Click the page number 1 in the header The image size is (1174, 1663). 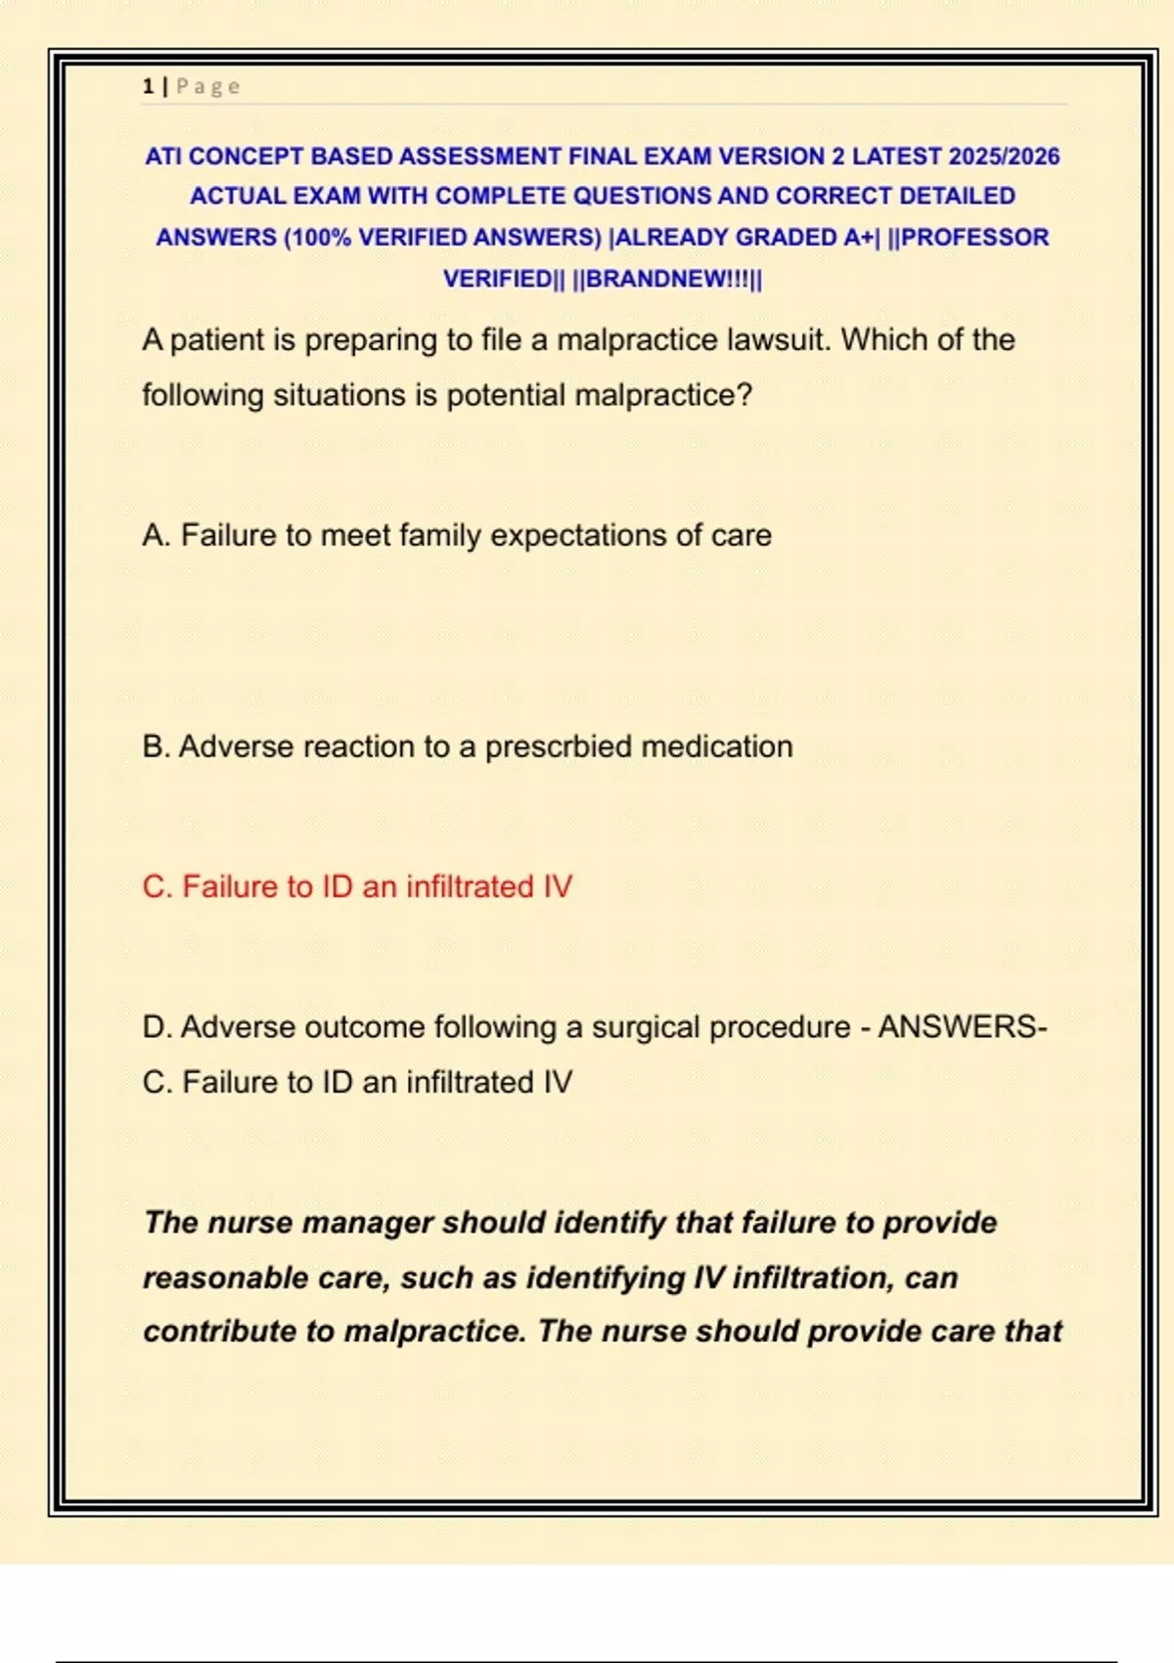(x=148, y=87)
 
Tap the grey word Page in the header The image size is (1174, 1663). (x=207, y=87)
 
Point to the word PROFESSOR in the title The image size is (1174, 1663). (x=974, y=238)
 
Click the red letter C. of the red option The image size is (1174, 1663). (x=157, y=887)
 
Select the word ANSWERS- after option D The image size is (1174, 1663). (x=963, y=1027)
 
